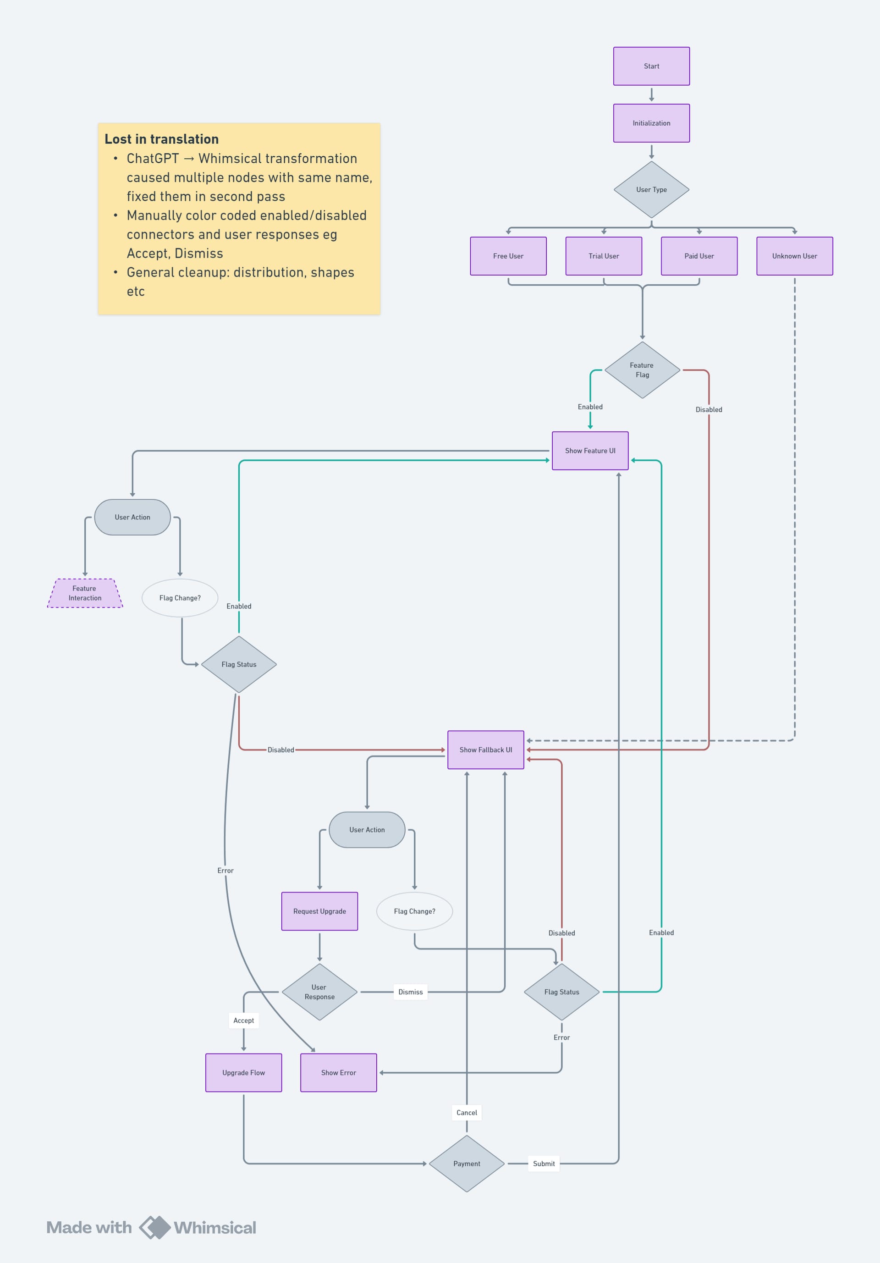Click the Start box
tap(651, 66)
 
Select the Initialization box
tap(651, 123)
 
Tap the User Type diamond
tap(651, 190)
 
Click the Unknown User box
tap(794, 256)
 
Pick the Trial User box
tap(603, 256)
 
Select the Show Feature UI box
tap(589, 451)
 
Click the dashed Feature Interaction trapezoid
tap(85, 594)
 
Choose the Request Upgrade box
tap(319, 911)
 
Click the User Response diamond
tap(319, 992)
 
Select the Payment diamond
tap(467, 1164)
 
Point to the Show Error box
tap(338, 1073)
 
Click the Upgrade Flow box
tap(243, 1073)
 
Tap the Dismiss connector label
tap(410, 992)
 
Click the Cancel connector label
tap(467, 1112)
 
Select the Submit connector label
tap(544, 1164)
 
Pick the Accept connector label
tap(243, 1020)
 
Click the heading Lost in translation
tap(162, 139)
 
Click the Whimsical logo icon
tap(154, 1227)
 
